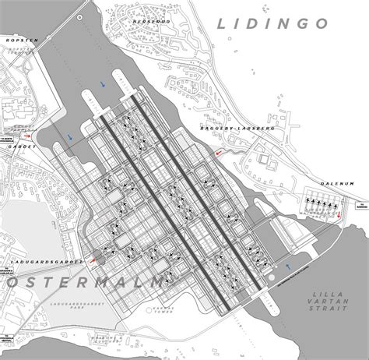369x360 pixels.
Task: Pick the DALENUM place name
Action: coord(340,184)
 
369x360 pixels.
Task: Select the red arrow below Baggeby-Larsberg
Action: coord(220,153)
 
